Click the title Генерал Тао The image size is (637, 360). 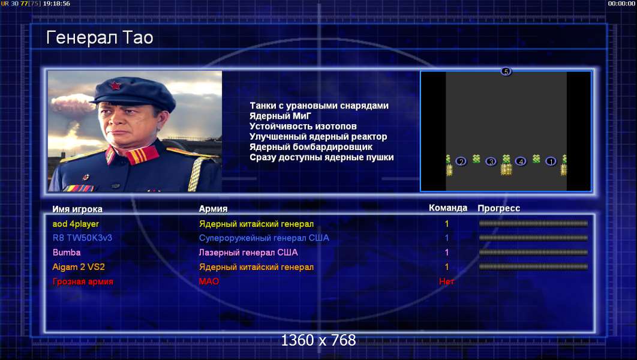click(100, 38)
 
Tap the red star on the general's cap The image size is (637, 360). click(115, 85)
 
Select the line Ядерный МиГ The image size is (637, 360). click(280, 116)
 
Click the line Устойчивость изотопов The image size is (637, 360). click(303, 127)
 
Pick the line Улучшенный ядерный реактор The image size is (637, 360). click(318, 137)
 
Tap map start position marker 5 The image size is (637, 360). click(506, 71)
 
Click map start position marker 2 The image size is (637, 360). click(461, 161)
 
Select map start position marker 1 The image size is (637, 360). click(551, 161)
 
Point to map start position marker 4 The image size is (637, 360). click(521, 161)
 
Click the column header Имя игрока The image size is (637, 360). click(77, 209)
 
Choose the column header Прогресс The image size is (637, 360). click(499, 208)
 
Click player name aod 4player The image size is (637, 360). click(76, 224)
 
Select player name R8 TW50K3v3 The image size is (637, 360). click(82, 238)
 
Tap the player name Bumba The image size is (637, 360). click(67, 253)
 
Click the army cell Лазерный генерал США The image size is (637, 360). click(248, 253)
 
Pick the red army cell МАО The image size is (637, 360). click(209, 281)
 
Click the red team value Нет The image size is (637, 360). click(446, 281)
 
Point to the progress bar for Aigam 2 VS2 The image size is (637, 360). click(533, 267)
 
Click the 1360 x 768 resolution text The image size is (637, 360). click(318, 340)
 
